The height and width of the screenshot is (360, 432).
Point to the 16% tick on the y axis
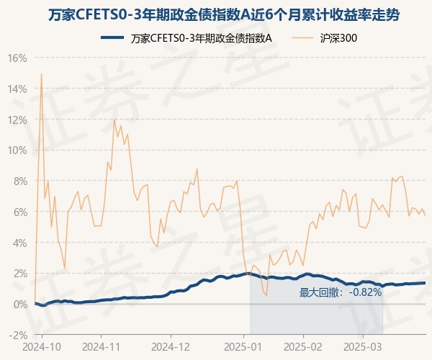(x=17, y=58)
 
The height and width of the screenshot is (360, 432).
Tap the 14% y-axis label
(x=17, y=89)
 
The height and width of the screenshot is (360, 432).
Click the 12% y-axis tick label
(x=17, y=120)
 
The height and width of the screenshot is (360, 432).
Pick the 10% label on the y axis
(x=17, y=150)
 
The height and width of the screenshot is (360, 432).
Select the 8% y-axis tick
(x=19, y=181)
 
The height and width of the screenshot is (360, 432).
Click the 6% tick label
(x=19, y=212)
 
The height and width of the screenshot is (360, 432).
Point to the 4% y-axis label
(x=19, y=243)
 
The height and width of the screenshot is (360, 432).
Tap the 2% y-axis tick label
(x=19, y=274)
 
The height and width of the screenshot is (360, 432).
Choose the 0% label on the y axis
(x=19, y=304)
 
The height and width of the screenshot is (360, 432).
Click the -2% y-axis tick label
(x=18, y=335)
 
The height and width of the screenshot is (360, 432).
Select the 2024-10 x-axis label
(x=42, y=346)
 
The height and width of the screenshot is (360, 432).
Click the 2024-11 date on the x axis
(x=102, y=346)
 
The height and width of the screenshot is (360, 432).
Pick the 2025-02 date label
(x=304, y=346)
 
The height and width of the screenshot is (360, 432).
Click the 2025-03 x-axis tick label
(x=363, y=346)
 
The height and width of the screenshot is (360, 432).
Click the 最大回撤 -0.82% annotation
(x=340, y=292)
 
